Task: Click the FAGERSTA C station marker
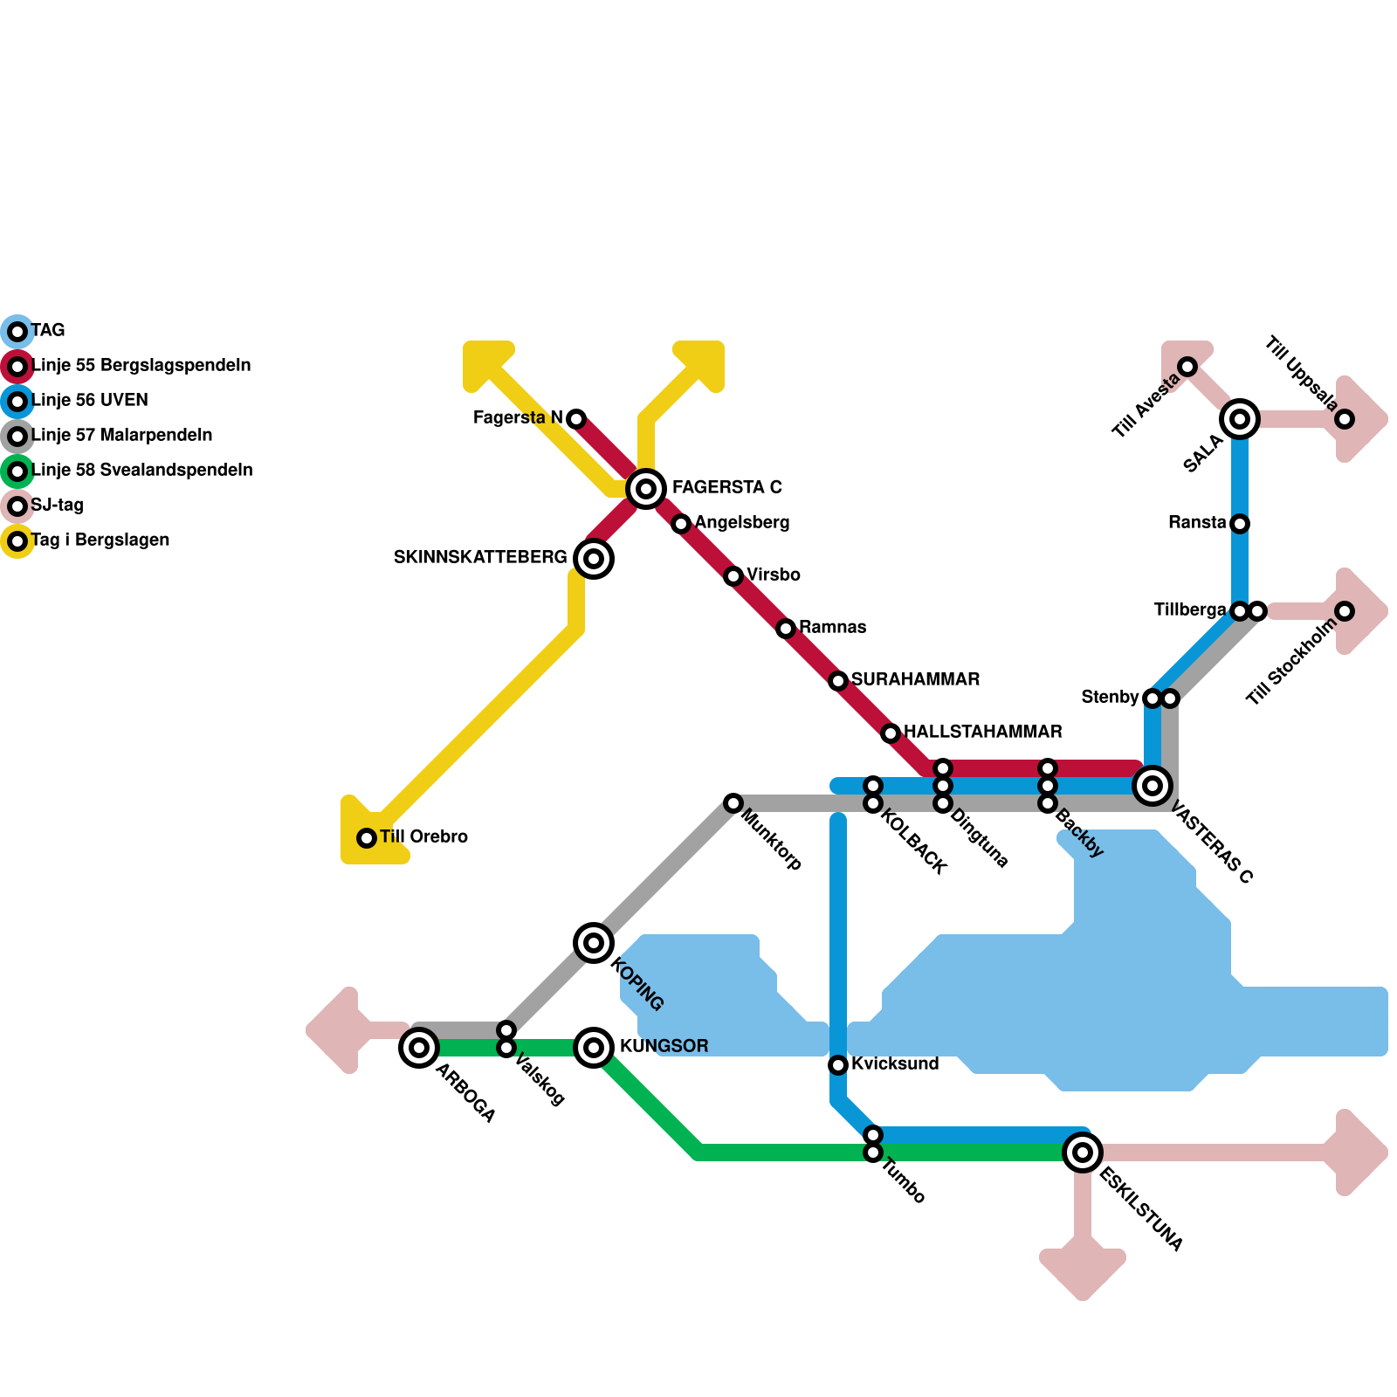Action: click(x=646, y=489)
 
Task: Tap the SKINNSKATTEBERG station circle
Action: click(x=594, y=559)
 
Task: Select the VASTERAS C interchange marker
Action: click(x=1153, y=786)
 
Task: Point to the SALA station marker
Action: click(x=1240, y=419)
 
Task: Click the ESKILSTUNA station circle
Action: click(x=1083, y=1153)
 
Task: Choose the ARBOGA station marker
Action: click(x=419, y=1047)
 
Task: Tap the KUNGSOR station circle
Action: click(x=594, y=1047)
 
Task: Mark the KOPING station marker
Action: click(x=594, y=943)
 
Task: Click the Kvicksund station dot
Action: click(x=838, y=1064)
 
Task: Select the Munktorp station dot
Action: click(x=733, y=803)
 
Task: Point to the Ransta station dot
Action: click(x=1240, y=524)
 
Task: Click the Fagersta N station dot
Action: click(x=576, y=419)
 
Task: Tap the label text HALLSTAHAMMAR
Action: click(x=982, y=732)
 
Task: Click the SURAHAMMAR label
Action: click(x=915, y=679)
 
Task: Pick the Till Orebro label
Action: click(x=423, y=836)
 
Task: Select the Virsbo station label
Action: click(x=773, y=575)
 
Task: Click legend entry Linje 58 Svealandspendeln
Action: click(x=141, y=471)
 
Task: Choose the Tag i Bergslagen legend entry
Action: click(x=100, y=540)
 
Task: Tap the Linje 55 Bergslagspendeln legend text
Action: click(x=141, y=366)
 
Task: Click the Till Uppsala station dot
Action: click(x=1345, y=419)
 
